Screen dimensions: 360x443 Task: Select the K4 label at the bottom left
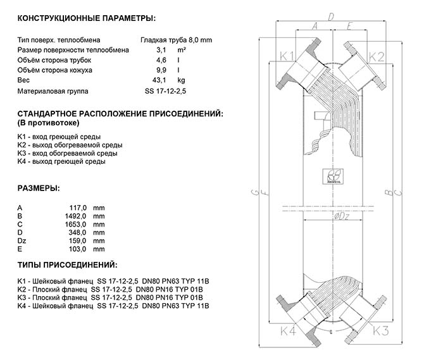click(x=289, y=330)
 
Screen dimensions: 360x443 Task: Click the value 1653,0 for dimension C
click(x=77, y=224)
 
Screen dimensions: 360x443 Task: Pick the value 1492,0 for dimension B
click(x=77, y=216)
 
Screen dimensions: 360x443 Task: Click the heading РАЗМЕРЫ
click(x=39, y=189)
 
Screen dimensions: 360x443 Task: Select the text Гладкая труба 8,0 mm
click(x=176, y=39)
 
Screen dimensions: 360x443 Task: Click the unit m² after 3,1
click(x=181, y=49)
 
